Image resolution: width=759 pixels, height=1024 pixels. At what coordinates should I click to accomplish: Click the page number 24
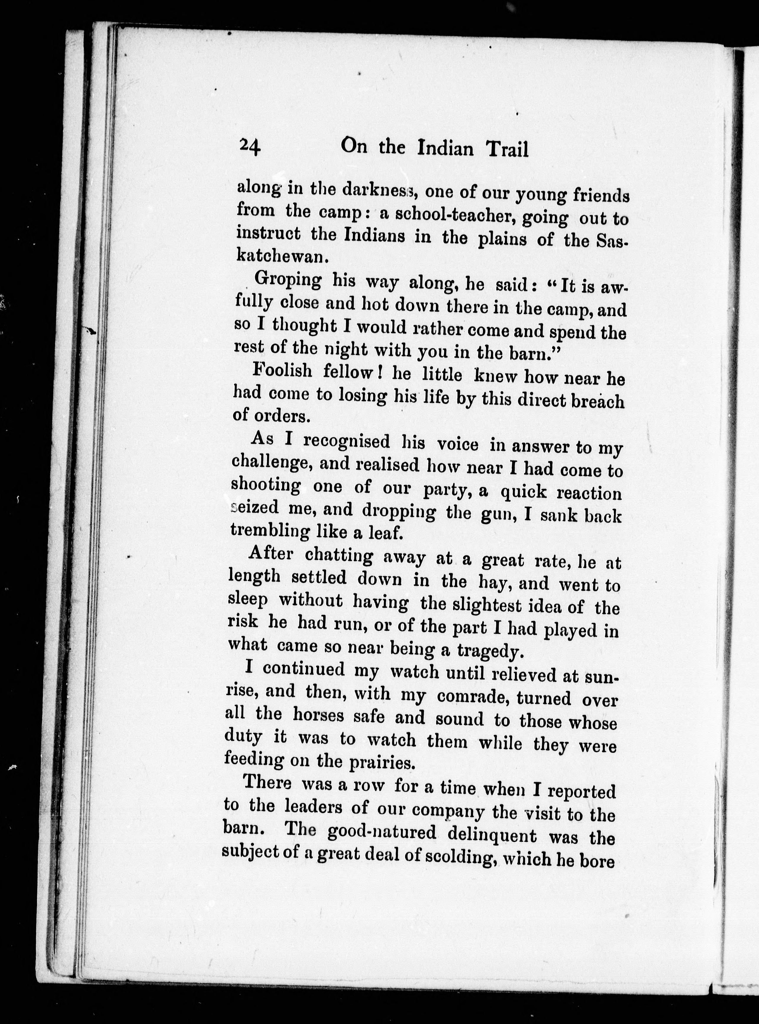[x=249, y=148]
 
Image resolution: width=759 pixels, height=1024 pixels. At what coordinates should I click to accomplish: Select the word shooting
[x=266, y=486]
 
